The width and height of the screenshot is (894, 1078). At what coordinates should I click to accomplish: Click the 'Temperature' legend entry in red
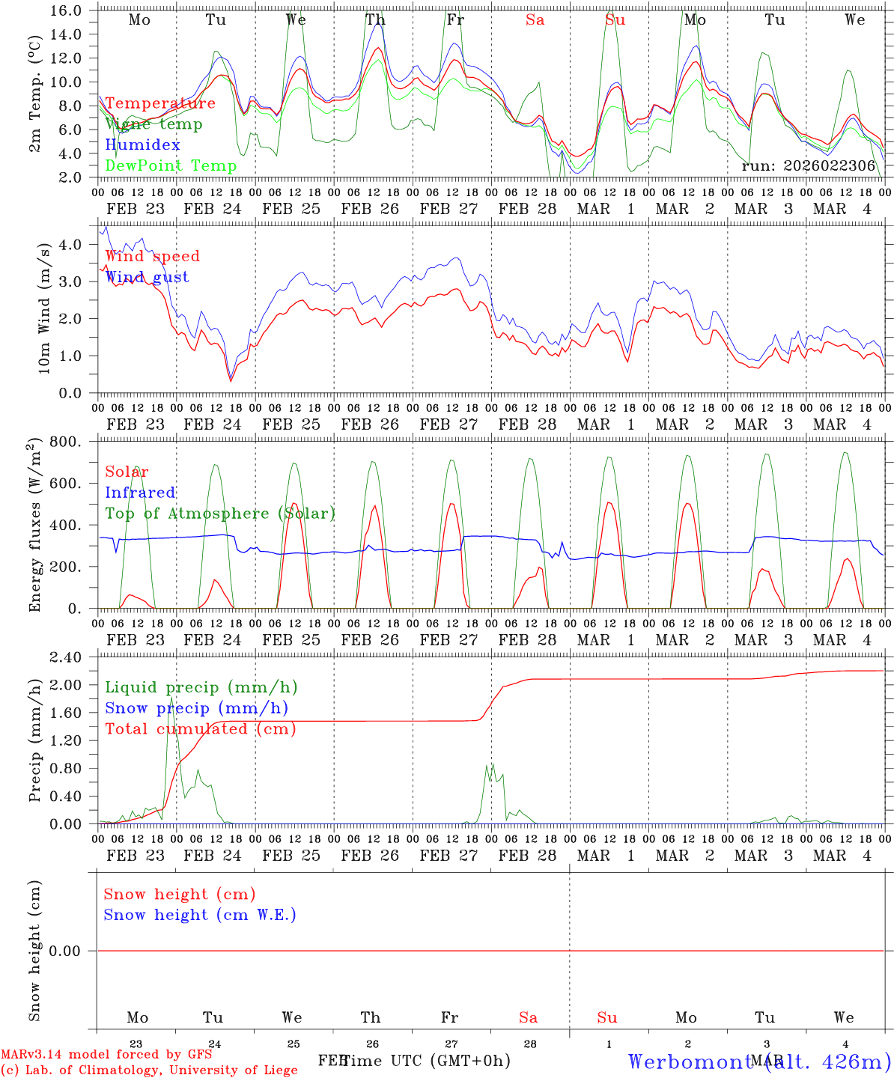[160, 103]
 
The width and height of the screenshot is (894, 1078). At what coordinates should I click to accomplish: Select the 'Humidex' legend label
[142, 145]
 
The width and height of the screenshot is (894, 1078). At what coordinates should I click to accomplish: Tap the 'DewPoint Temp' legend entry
[171, 165]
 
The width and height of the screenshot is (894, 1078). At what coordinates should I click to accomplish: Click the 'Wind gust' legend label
[147, 277]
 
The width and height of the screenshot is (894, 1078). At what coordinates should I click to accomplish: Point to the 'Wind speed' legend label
[152, 256]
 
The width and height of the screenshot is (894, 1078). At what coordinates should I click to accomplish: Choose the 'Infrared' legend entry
[140, 493]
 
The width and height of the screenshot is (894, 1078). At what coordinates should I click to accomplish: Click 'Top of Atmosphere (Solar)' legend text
[219, 514]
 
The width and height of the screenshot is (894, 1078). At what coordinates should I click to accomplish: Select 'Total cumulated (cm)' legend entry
[200, 729]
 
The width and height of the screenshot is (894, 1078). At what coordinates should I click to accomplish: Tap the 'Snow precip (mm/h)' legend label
[196, 708]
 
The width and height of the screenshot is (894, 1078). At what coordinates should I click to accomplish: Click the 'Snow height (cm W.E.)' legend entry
[200, 915]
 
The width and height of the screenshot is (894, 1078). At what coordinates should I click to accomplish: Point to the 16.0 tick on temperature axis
[67, 10]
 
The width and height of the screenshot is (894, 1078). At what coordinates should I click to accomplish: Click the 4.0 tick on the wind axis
[70, 245]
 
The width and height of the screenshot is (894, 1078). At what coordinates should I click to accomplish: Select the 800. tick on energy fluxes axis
[66, 442]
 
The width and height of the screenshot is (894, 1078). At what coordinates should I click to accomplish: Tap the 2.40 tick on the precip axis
[66, 657]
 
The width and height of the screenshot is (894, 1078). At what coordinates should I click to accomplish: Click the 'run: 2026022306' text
[808, 165]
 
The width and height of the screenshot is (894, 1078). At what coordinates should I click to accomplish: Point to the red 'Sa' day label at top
[535, 20]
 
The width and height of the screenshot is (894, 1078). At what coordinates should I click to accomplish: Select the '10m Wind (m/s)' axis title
[44, 307]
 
